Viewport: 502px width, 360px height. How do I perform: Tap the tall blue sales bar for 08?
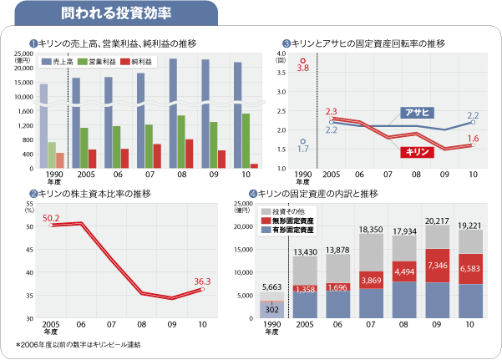click(172, 113)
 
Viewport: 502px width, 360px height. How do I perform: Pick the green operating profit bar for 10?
click(245, 140)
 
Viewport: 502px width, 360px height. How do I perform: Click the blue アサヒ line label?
click(416, 112)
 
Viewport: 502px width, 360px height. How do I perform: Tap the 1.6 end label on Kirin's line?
click(473, 138)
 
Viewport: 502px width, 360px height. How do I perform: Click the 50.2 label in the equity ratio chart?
click(51, 218)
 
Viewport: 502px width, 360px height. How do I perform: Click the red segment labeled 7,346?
click(437, 265)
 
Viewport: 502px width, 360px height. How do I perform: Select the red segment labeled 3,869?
click(371, 279)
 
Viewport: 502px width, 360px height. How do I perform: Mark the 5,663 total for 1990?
click(271, 286)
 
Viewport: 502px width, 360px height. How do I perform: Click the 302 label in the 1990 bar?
click(271, 308)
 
